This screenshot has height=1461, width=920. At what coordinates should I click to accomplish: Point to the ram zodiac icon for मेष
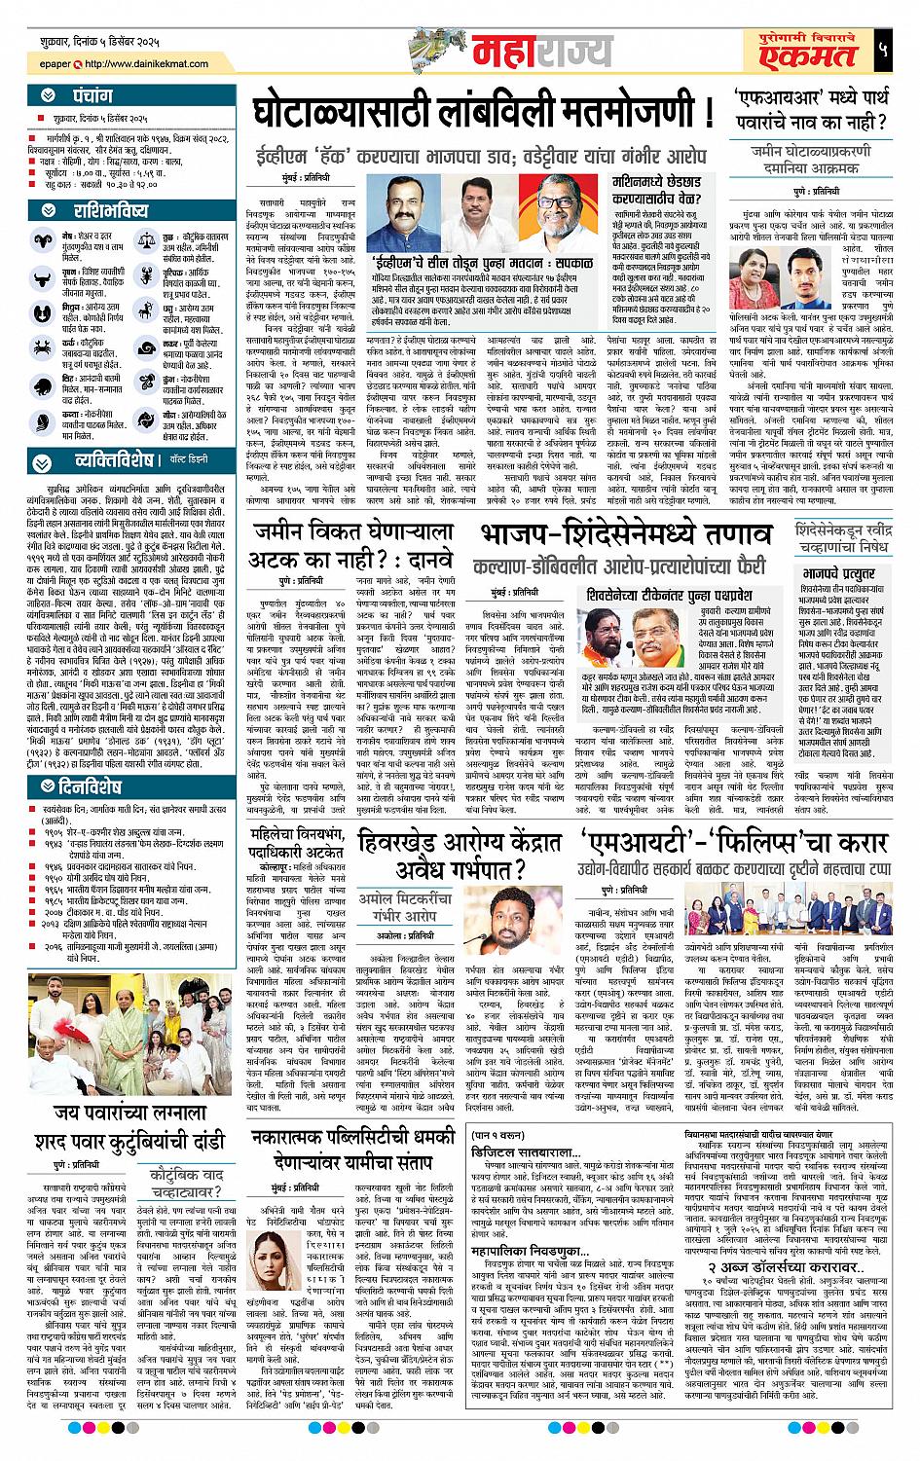pos(40,241)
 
